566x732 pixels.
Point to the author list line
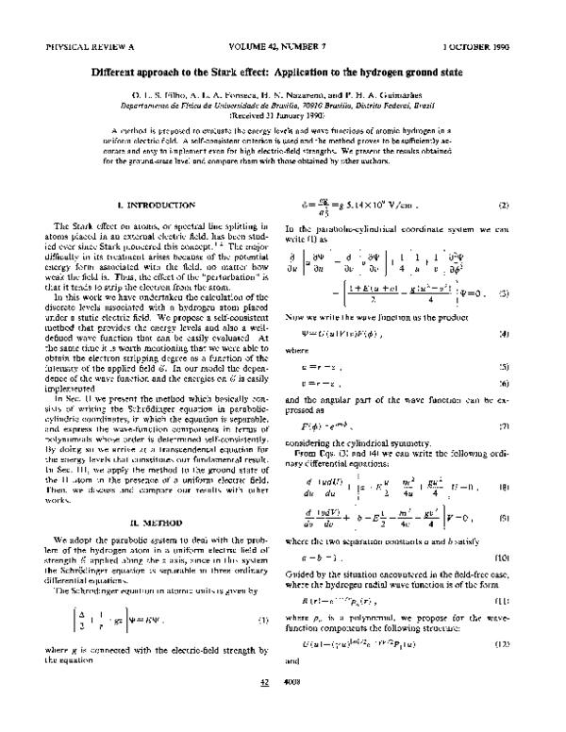[x=282, y=94]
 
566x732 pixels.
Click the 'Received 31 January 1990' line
[x=282, y=113]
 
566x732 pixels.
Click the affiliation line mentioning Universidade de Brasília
[x=282, y=104]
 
